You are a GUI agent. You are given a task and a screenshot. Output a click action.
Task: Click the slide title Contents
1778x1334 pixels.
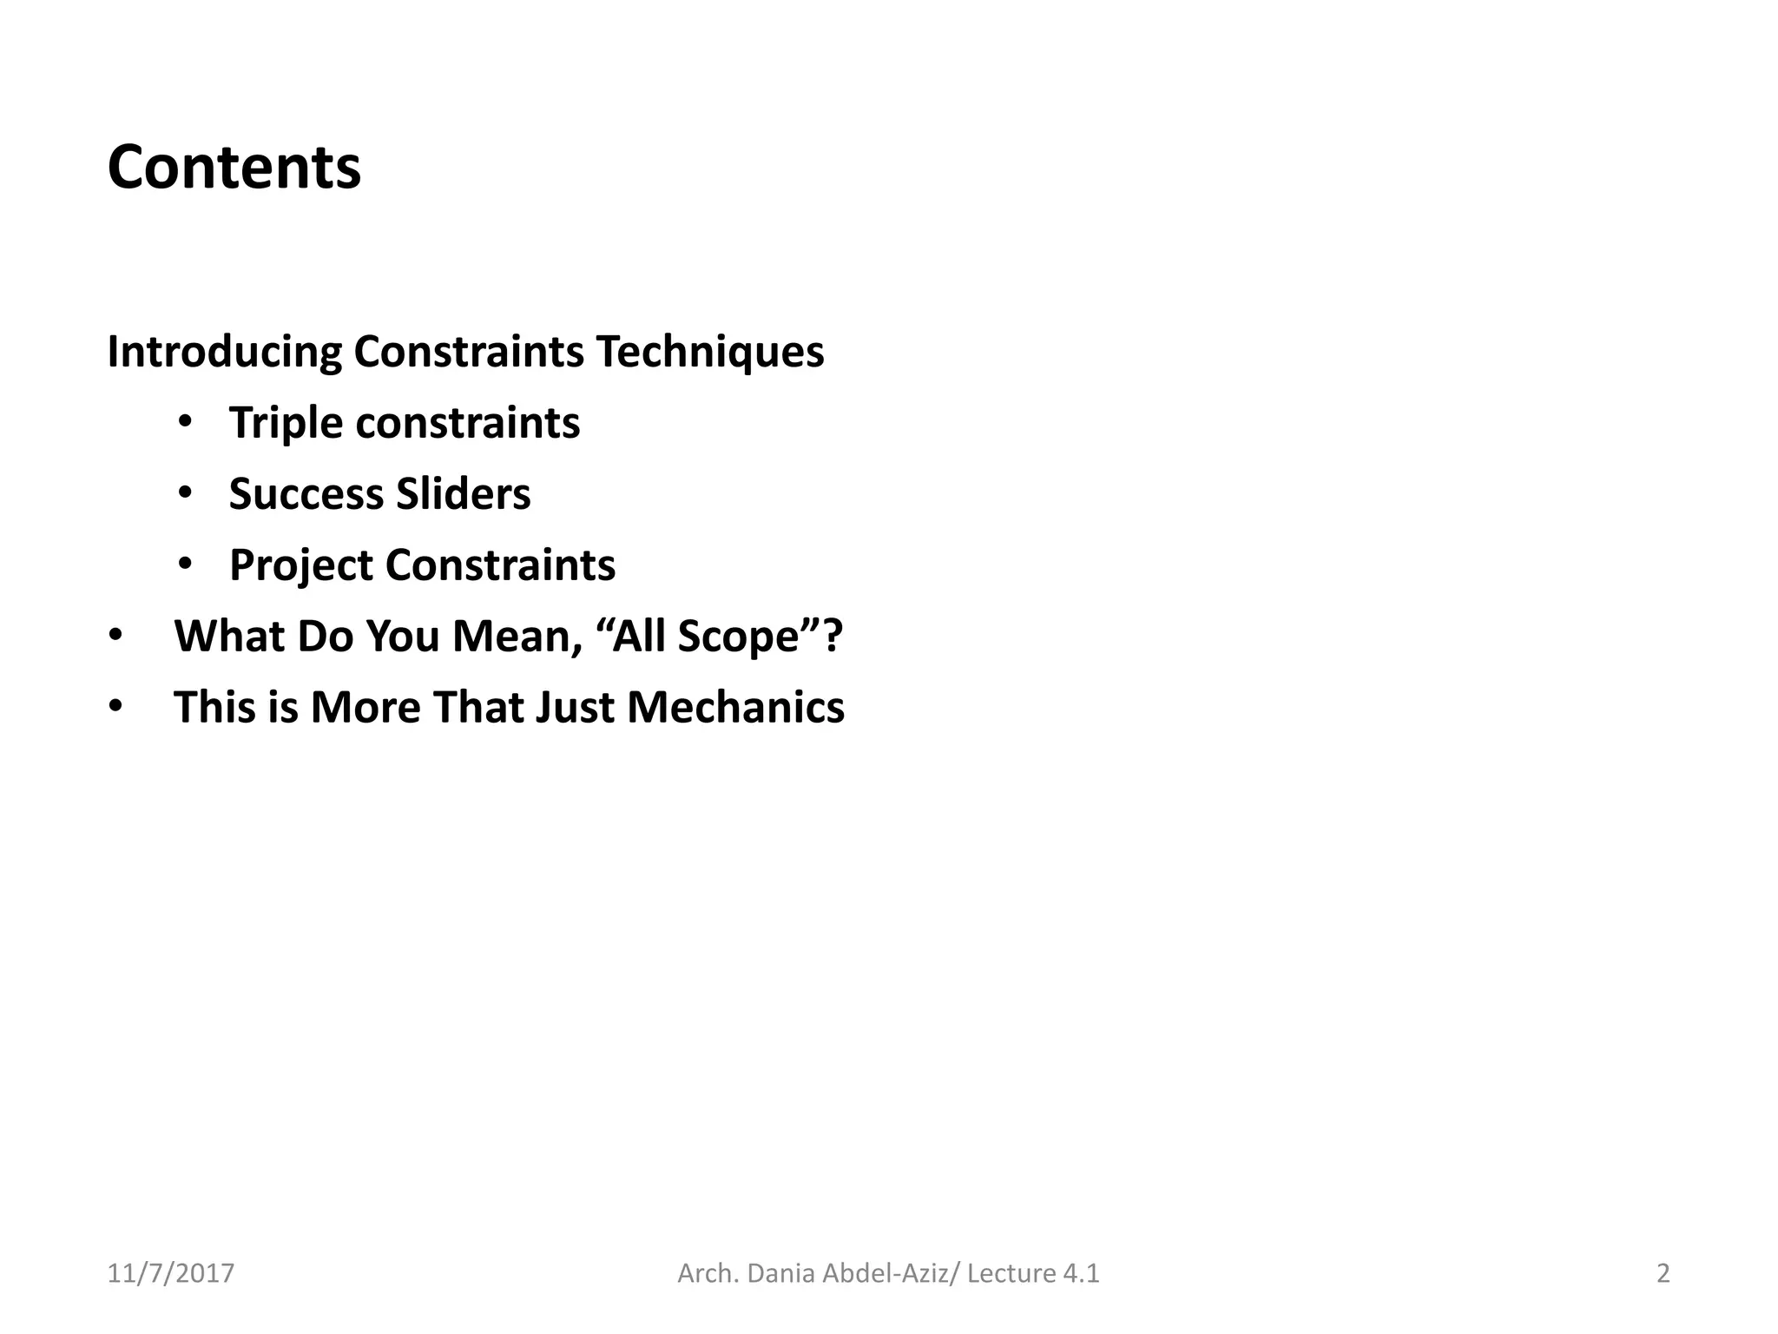[x=234, y=167]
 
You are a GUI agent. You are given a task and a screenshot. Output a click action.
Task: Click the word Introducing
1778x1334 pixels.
[x=225, y=353]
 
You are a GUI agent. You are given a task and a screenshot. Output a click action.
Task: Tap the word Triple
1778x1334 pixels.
[x=286, y=424]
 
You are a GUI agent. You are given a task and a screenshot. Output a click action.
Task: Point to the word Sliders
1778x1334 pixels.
[x=464, y=494]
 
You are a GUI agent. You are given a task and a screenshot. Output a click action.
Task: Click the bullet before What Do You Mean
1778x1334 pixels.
[x=116, y=636]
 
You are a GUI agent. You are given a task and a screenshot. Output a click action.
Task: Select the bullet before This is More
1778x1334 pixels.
[x=116, y=707]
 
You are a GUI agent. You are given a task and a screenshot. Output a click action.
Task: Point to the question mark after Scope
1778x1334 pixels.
[x=833, y=636]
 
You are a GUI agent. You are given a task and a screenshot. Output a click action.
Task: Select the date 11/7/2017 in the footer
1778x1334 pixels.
[x=171, y=1273]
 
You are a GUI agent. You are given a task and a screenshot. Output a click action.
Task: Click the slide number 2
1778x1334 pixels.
[x=1663, y=1273]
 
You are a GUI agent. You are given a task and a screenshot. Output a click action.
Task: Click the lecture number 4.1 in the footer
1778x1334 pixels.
[x=1080, y=1273]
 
